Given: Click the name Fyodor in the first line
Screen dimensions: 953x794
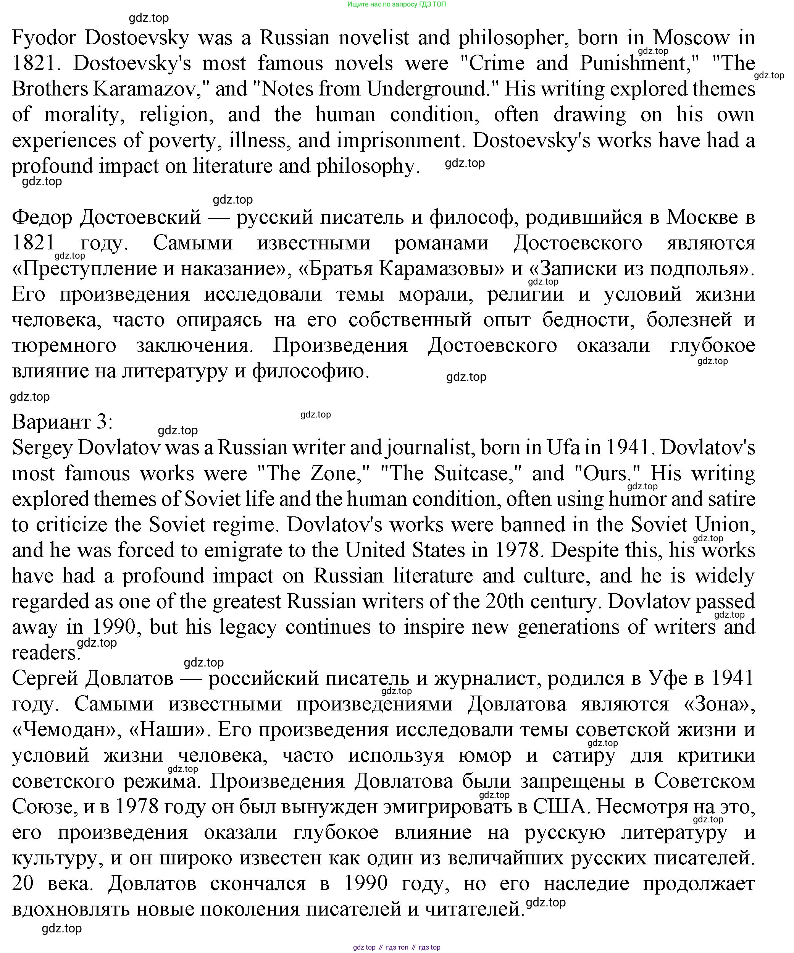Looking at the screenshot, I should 44,38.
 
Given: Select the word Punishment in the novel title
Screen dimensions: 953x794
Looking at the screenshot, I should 639,63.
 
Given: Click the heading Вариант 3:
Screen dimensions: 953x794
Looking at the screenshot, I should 62,422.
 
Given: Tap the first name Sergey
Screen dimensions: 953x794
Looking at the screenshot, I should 42,448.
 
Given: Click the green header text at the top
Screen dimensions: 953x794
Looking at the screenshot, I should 397,5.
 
